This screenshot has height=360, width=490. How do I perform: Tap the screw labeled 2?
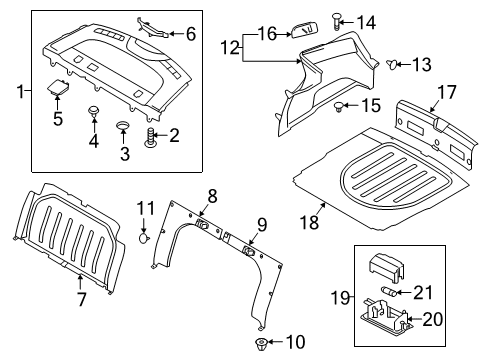pos(151,137)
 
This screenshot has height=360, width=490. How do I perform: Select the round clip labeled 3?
pos(124,127)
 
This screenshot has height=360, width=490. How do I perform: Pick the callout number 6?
pos(191,33)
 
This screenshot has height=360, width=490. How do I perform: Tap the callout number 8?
pos(212,195)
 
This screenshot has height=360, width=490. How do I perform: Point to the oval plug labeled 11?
pos(144,238)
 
